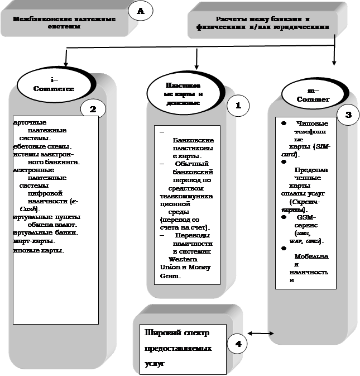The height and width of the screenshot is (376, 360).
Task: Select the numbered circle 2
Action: coord(93,108)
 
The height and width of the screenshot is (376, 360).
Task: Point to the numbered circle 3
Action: coord(348,115)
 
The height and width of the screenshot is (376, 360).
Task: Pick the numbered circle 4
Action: coord(238,344)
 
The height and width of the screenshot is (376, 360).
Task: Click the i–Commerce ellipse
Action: coord(54,84)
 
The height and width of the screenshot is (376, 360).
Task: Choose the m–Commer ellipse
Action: coord(313,96)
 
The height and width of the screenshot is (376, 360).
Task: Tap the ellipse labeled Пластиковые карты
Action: coord(183,90)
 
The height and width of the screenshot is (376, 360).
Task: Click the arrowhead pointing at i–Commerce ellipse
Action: coord(66,60)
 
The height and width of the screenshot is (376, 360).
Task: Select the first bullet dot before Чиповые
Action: coord(284,123)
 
